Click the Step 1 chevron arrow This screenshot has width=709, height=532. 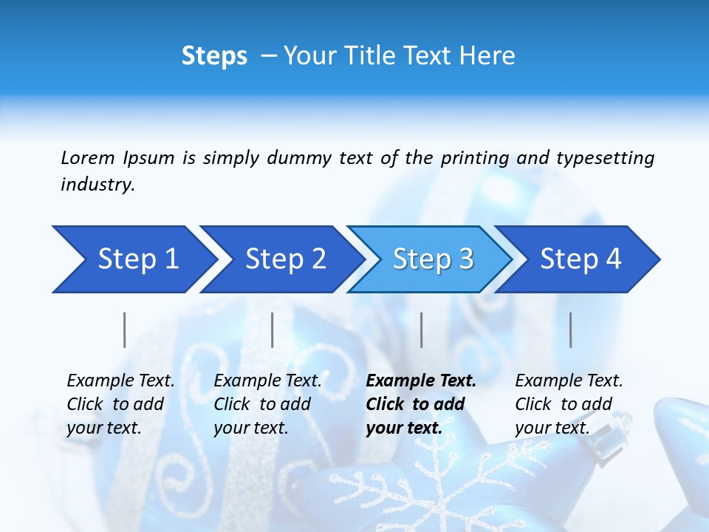coord(133,259)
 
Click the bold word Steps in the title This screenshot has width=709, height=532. coord(214,56)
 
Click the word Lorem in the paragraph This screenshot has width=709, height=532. coord(88,158)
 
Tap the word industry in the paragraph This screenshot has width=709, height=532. coord(97,185)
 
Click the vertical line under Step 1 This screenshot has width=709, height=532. coord(125,330)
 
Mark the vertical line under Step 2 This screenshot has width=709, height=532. coord(273,330)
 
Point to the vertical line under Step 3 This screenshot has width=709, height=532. coord(422,330)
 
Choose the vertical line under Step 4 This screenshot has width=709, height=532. coord(571,330)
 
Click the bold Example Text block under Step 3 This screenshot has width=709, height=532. coord(421,404)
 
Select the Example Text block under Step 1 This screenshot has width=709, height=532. coord(120,404)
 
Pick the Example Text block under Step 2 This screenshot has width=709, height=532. coord(267,404)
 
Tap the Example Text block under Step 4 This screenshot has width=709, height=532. coord(569,404)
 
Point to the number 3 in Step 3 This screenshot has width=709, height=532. coord(465,259)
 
